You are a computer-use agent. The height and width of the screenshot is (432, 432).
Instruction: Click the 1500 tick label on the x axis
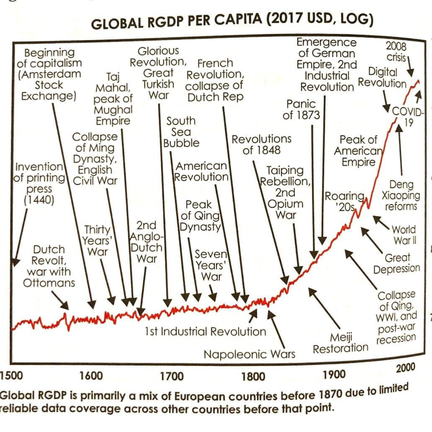11,375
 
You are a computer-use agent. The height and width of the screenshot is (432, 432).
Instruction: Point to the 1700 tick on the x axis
172,376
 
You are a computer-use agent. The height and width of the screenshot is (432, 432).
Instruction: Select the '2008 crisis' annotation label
397,52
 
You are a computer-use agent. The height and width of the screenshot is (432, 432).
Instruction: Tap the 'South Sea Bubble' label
181,132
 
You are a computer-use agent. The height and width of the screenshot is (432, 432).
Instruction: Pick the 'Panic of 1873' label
301,109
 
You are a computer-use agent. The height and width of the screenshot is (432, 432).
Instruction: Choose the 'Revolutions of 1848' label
262,144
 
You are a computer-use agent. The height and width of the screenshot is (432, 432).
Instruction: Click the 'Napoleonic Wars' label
249,354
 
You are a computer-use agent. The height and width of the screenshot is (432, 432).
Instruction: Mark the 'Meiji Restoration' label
341,343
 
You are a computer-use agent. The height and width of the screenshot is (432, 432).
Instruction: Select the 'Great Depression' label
397,263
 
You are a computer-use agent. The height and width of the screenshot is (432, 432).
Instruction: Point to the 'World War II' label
404,235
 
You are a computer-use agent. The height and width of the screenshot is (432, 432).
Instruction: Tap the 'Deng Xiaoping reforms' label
401,195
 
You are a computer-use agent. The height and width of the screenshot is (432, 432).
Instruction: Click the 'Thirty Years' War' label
97,241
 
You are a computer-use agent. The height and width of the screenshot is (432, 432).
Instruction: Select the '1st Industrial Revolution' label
205,332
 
